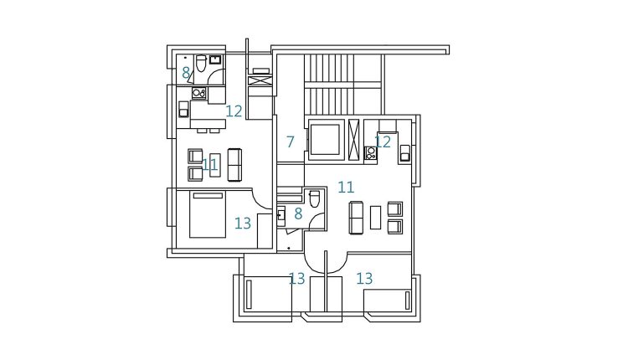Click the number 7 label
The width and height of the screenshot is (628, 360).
pos(291,141)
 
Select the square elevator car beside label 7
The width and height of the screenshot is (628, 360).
pos(325,140)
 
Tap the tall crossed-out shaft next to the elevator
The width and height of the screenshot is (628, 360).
pos(354,140)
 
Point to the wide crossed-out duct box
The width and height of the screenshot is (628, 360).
pos(260,80)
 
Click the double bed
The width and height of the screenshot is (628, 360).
pos(208,214)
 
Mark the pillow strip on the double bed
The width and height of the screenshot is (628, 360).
pos(208,196)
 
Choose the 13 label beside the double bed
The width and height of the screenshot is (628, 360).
pos(243,224)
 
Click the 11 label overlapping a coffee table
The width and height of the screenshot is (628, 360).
pos(209,165)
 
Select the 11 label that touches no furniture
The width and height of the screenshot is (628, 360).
pos(346,187)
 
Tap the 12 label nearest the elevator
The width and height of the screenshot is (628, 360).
pos(383,141)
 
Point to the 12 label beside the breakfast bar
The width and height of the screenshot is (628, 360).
pos(234,111)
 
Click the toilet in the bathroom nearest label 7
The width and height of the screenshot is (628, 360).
pos(314,199)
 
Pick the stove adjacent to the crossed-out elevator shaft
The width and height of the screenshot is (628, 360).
pos(370,153)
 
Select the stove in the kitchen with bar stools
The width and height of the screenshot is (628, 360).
pos(198,93)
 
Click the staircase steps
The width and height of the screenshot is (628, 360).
pos(329,85)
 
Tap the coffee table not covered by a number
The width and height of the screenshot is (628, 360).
pos(375,217)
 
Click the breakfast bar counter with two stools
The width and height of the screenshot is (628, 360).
pos(208,123)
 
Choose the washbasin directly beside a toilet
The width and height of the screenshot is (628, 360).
pos(215,59)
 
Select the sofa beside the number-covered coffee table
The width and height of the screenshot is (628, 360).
pos(234,165)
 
